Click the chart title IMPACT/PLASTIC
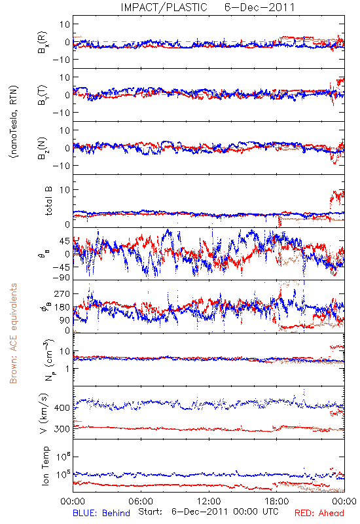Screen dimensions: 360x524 [164, 7]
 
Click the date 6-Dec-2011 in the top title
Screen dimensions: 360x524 [259, 7]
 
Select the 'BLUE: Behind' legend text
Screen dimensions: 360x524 [101, 513]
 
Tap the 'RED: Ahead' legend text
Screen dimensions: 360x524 [319, 513]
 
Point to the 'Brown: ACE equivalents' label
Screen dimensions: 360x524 [13, 333]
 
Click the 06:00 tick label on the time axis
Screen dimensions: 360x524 [141, 501]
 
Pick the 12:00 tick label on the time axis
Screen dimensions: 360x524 [209, 501]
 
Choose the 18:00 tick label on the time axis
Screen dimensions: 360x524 [277, 501]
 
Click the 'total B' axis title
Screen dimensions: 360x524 [48, 201]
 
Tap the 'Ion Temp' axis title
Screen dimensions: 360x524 [45, 466]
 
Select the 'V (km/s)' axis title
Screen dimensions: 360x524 [44, 413]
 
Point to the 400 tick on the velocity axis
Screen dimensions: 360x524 [62, 407]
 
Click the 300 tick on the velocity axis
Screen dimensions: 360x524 [62, 429]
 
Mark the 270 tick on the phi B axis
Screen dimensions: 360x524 [62, 293]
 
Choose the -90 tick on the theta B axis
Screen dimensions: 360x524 [61, 277]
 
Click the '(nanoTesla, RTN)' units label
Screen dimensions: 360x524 [14, 122]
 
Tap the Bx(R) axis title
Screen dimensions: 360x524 [43, 42]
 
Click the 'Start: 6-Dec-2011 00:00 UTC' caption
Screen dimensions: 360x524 [208, 512]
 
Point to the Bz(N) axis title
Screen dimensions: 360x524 [43, 148]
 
